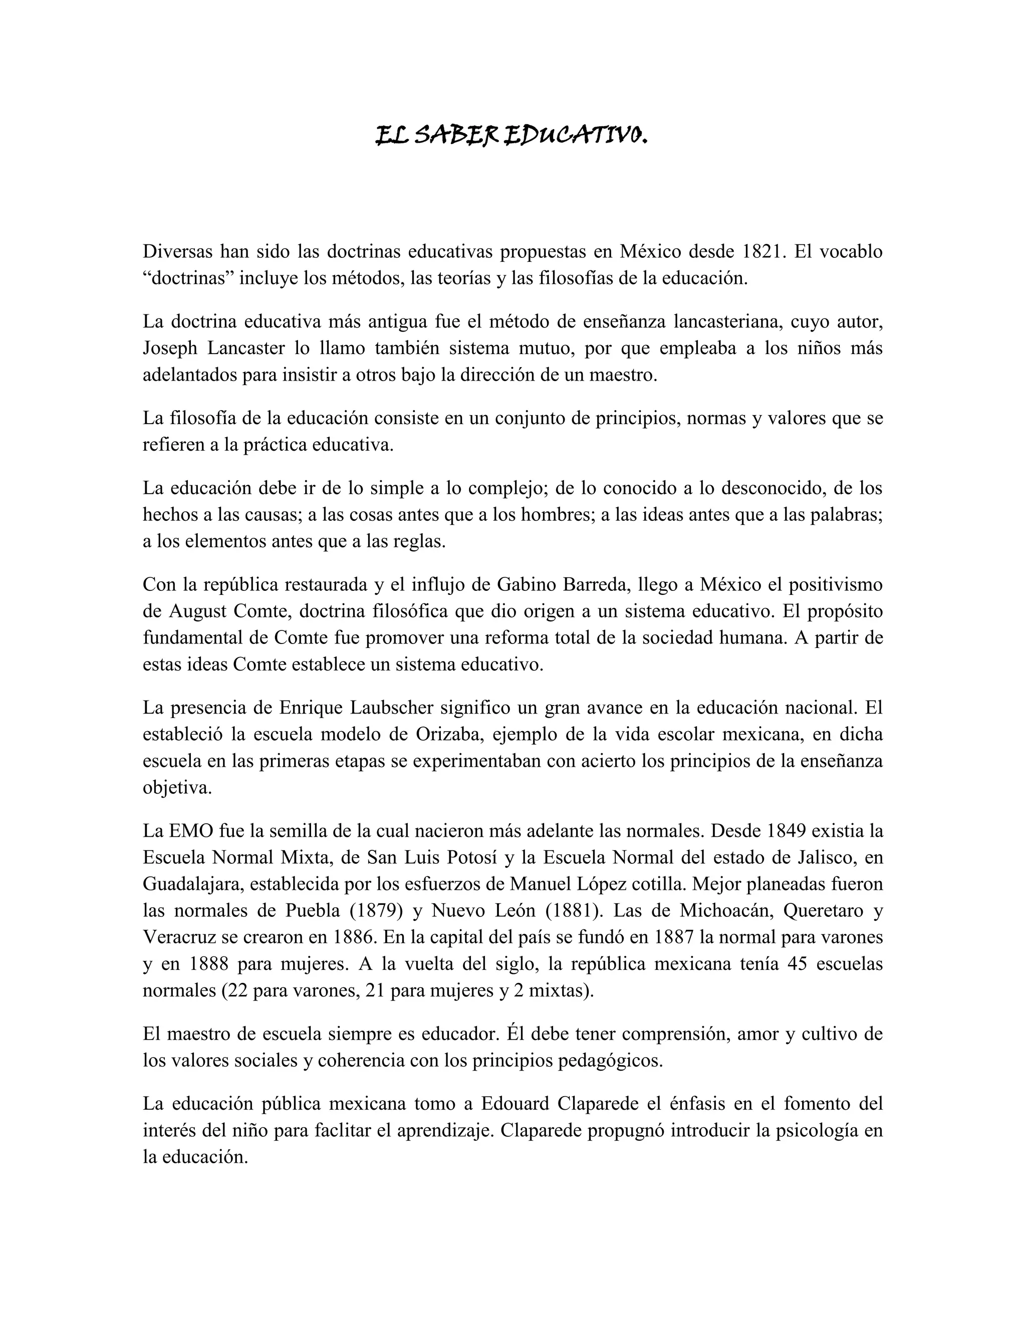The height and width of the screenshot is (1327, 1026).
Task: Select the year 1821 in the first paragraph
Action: [761, 251]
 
